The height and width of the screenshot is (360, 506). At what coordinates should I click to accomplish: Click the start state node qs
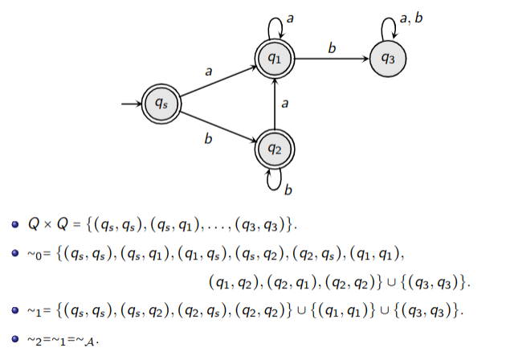click(160, 103)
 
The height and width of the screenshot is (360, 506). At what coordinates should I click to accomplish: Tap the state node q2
click(275, 148)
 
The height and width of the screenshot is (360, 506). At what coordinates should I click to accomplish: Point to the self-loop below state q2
click(275, 182)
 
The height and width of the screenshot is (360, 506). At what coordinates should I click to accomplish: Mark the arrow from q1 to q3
click(331, 57)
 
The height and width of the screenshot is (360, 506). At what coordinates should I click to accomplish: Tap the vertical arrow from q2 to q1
click(275, 103)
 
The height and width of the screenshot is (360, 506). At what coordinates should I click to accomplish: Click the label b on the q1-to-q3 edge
click(332, 47)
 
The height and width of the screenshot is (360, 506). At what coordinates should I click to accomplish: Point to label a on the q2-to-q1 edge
click(285, 103)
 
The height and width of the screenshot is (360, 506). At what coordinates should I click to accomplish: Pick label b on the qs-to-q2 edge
click(208, 139)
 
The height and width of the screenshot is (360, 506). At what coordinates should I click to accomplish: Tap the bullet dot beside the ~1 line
click(14, 310)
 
